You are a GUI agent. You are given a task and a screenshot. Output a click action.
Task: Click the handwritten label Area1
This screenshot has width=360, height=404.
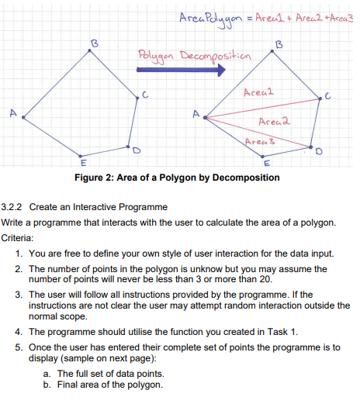tap(257, 93)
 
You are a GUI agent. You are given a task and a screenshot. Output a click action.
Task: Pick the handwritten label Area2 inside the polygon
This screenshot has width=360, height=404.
tap(275, 121)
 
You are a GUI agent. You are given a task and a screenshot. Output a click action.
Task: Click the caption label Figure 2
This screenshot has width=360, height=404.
tap(114, 178)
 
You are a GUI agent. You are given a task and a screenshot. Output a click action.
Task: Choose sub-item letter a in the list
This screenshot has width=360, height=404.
tap(48, 372)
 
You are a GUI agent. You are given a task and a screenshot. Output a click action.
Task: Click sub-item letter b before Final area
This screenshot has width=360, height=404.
tap(48, 383)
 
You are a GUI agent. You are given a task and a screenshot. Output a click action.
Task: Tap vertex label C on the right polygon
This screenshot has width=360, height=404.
tap(329, 96)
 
